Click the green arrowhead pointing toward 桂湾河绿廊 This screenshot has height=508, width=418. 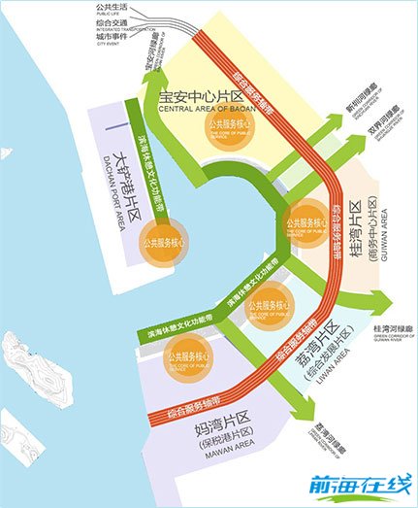377,298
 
